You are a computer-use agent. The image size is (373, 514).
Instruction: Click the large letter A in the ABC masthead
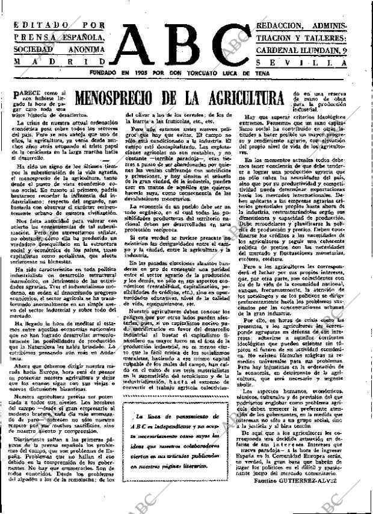[143, 44]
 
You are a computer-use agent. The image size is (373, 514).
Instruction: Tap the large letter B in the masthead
[185, 44]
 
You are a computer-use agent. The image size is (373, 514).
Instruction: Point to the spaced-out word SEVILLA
[301, 63]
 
